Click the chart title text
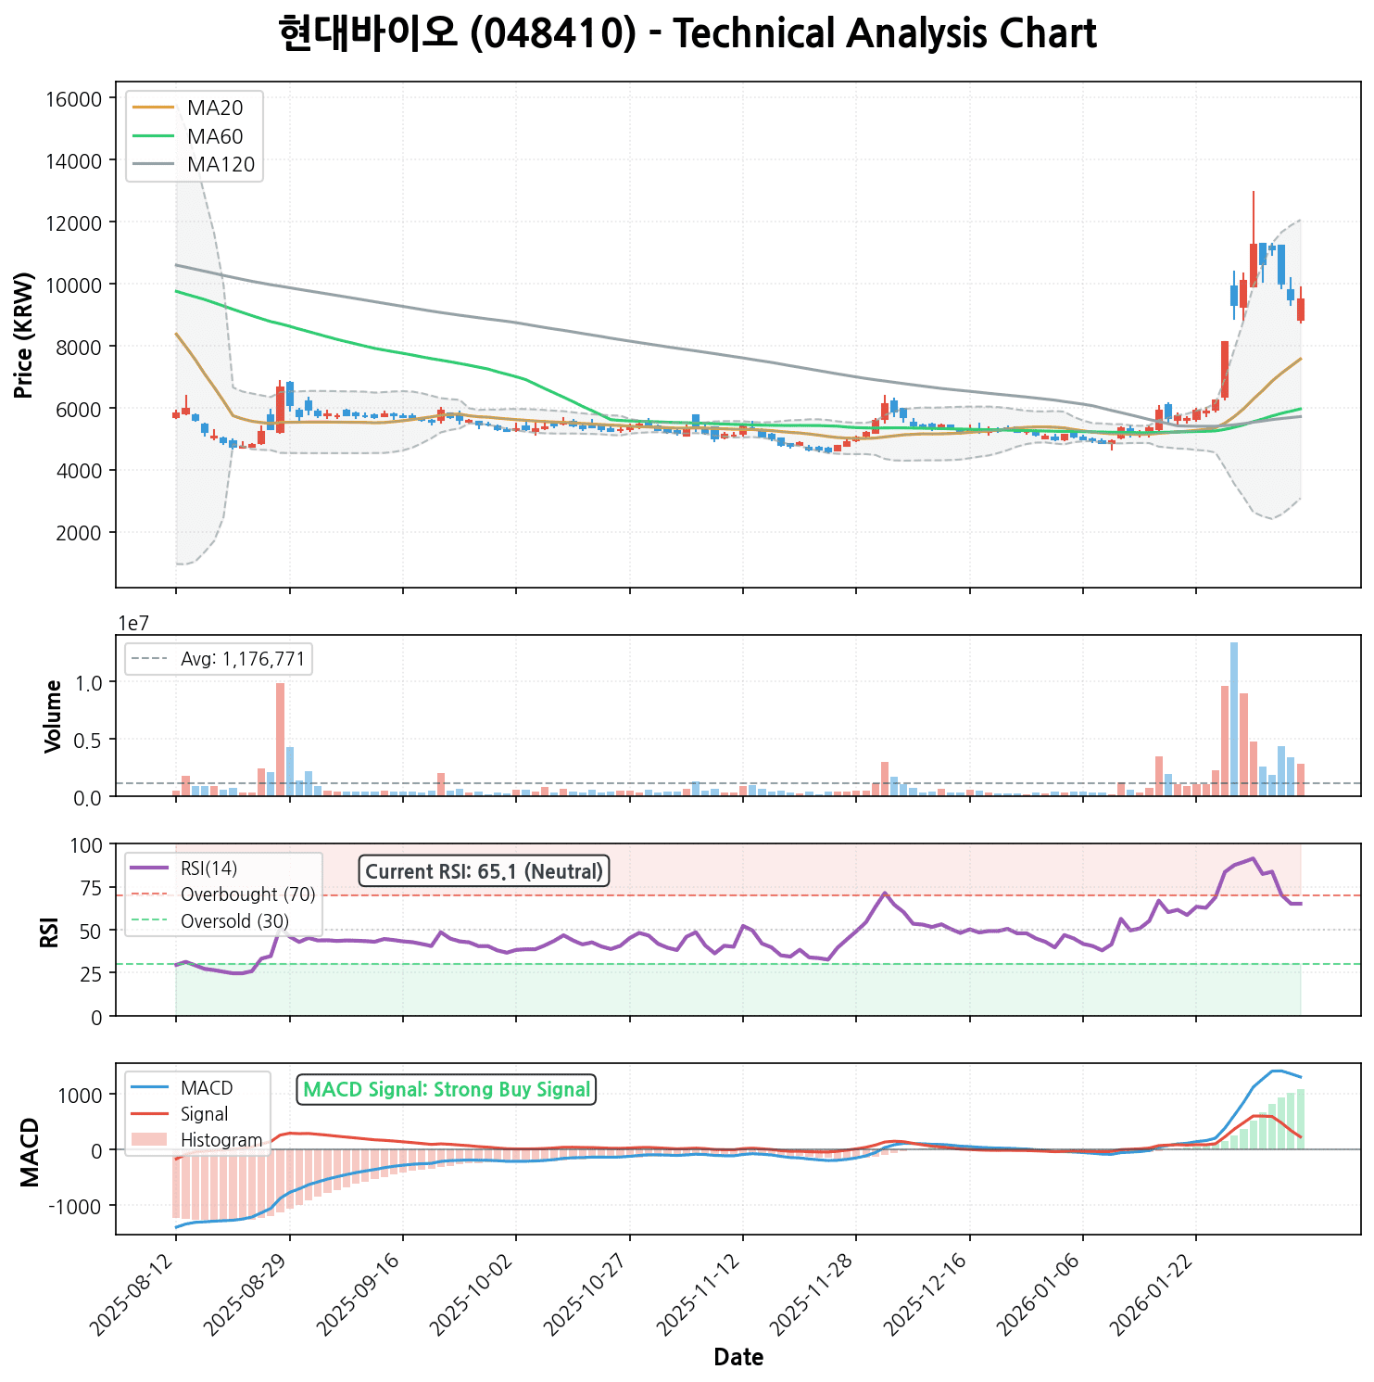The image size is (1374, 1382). click(x=687, y=34)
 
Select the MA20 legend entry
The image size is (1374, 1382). click(x=214, y=108)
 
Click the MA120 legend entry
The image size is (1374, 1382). click(x=221, y=165)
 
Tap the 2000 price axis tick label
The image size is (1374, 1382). click(x=77, y=533)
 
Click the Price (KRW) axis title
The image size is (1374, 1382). click(x=24, y=335)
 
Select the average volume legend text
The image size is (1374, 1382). click(x=243, y=659)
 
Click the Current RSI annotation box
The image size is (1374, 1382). click(x=484, y=871)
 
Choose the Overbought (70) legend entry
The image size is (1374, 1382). click(x=247, y=894)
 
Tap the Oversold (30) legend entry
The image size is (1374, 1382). click(x=234, y=921)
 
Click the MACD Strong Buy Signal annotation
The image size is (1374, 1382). click(x=447, y=1090)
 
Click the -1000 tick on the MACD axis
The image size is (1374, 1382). click(x=78, y=1206)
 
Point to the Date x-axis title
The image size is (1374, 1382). click(x=738, y=1358)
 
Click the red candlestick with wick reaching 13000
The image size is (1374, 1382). click(x=1254, y=264)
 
